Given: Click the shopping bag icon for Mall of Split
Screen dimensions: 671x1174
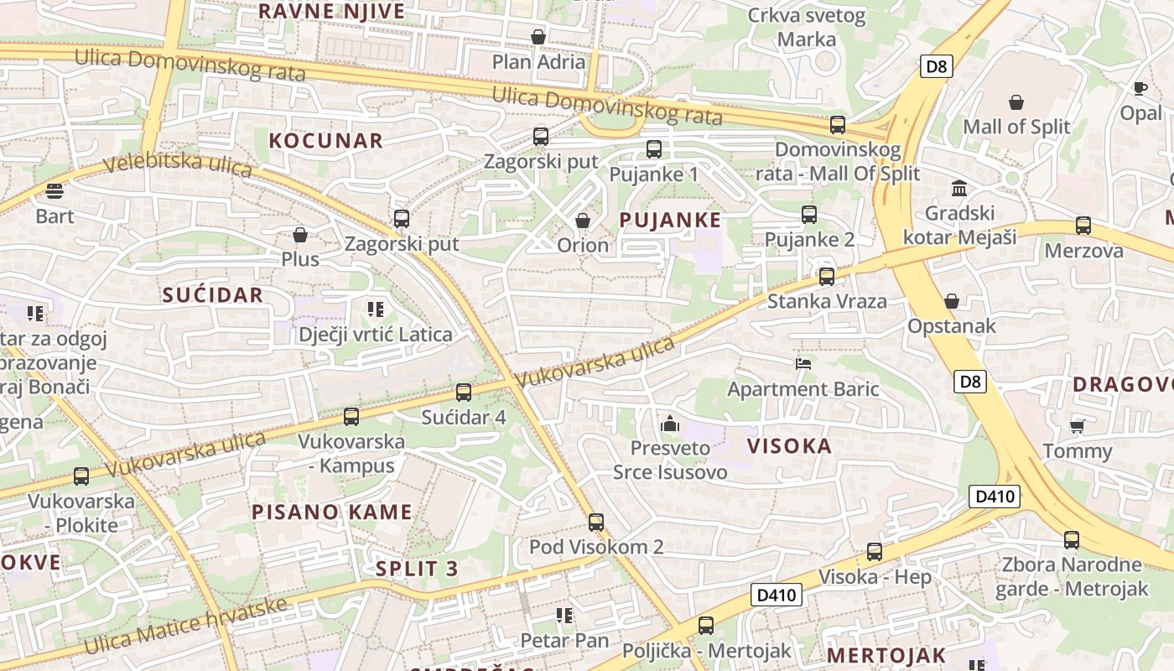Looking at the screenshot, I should point(1016,102).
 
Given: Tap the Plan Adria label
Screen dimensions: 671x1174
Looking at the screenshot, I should point(538,62).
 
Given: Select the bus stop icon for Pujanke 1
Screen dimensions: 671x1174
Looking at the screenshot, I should point(654,149).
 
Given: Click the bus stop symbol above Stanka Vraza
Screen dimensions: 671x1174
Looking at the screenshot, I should point(827,276).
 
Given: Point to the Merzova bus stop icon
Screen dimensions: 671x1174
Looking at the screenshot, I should point(1083,225).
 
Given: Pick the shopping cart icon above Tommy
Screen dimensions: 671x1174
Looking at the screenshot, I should point(1078,426).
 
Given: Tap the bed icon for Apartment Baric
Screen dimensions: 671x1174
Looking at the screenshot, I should point(803,363).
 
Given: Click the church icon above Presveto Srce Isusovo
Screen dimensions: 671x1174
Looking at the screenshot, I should point(669,424).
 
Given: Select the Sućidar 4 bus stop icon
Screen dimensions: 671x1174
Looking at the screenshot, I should point(464,392).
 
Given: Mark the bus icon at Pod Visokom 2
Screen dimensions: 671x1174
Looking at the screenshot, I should point(596,522).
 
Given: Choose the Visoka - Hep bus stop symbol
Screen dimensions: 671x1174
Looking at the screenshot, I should point(875,551).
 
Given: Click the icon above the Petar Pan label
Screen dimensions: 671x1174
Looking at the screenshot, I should point(564,616).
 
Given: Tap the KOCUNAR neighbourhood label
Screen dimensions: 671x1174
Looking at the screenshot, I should point(325,141).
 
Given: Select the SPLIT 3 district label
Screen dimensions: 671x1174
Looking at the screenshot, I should point(417,569).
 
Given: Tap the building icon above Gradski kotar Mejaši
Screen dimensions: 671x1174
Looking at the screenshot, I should point(959,188).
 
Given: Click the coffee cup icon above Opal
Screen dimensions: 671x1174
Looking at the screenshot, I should point(1140,88).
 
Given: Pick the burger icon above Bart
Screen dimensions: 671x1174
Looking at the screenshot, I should point(55,191).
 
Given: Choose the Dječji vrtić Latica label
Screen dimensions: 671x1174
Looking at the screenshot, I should point(376,335).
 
